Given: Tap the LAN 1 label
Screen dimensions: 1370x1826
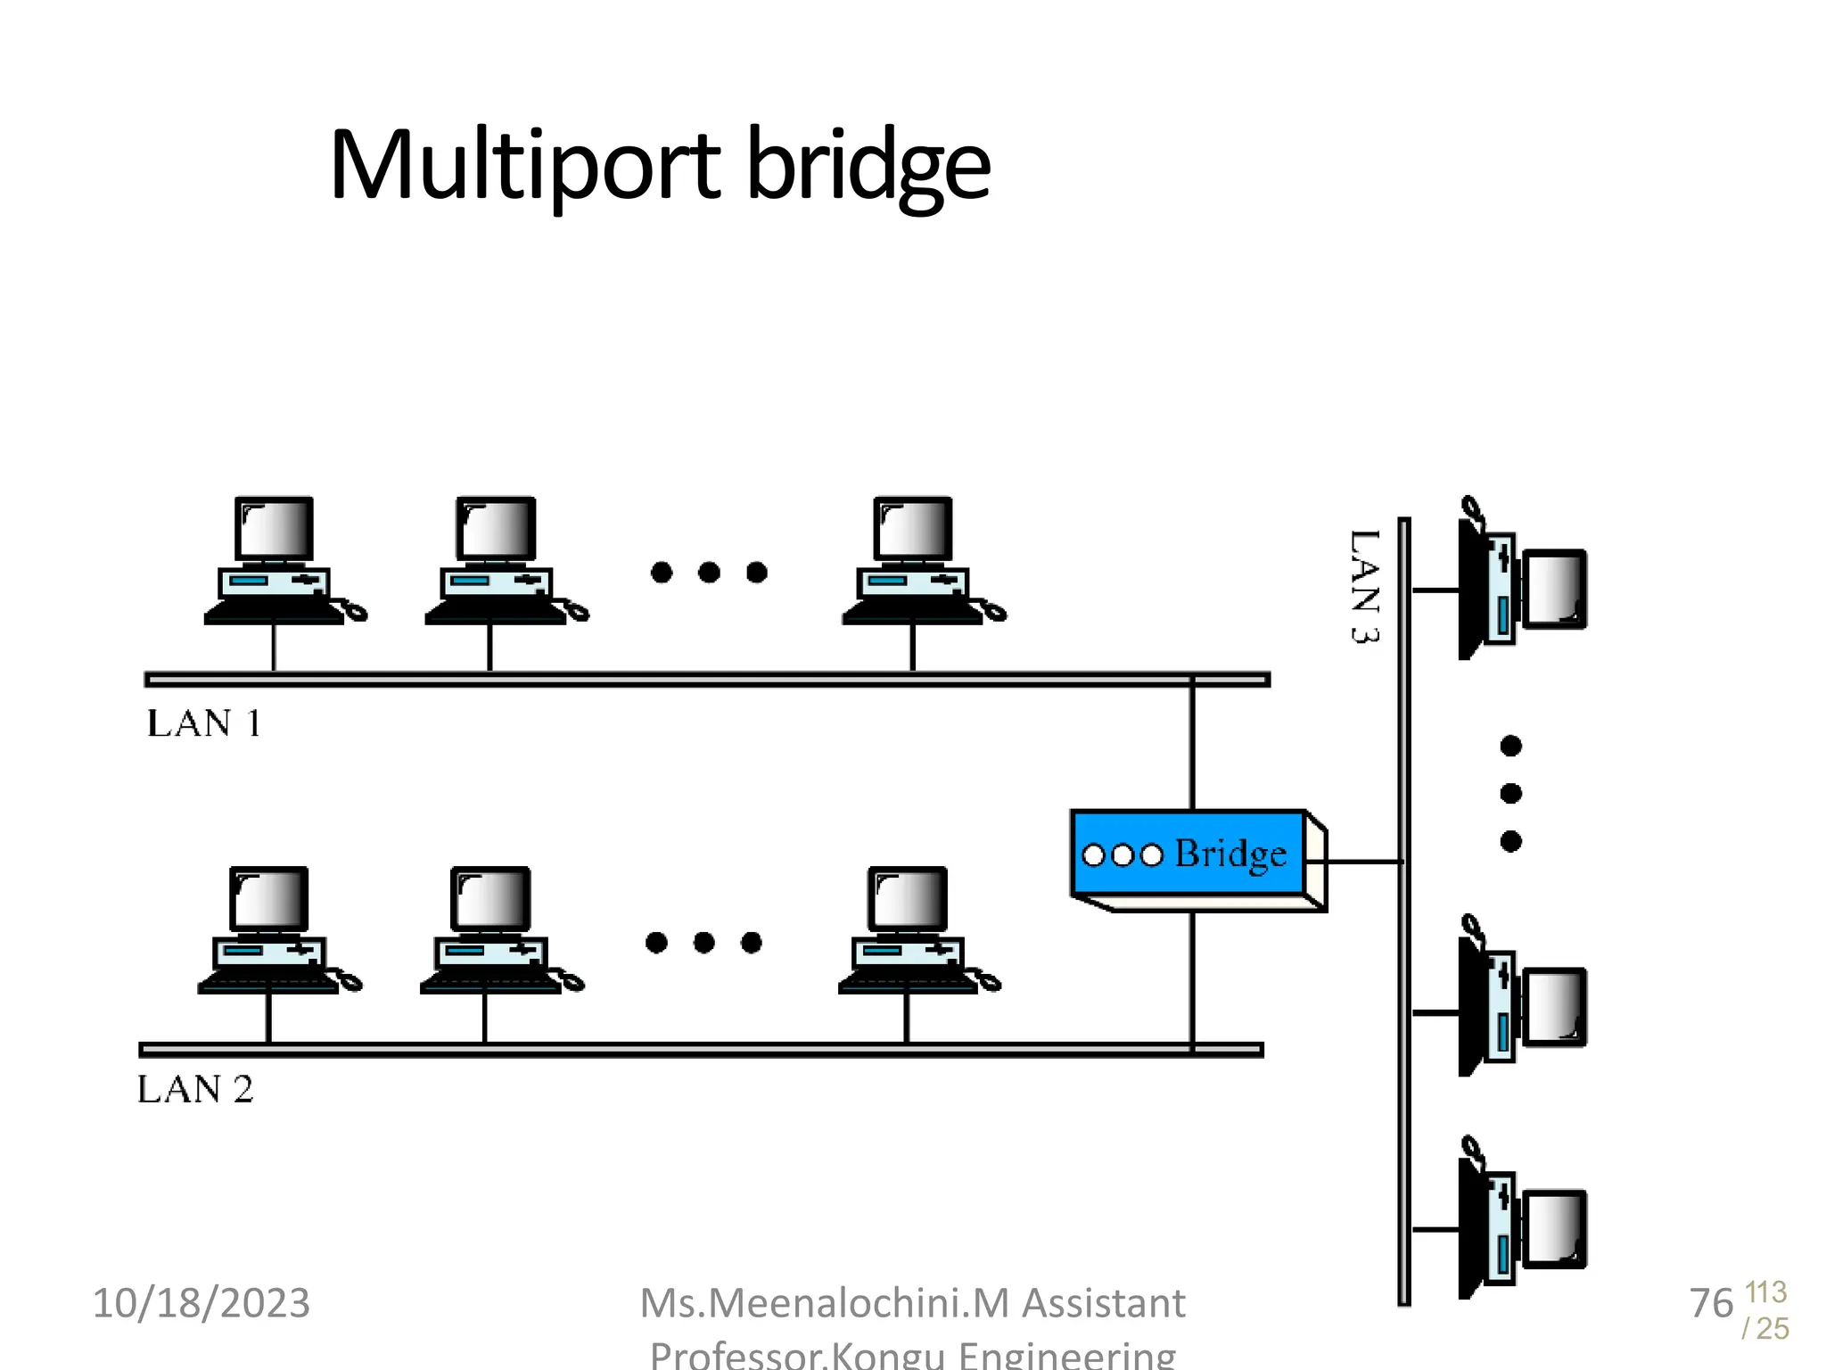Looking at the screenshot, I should tap(203, 723).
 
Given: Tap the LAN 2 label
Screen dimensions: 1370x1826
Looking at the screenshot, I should tap(195, 1089).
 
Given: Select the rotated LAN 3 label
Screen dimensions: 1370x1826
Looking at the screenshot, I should tap(1364, 586).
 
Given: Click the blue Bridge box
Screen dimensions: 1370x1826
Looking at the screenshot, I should tap(1195, 854).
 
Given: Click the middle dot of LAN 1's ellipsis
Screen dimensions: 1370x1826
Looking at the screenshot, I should tap(709, 572).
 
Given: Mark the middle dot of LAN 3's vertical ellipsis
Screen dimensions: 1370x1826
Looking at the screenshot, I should tap(1510, 793).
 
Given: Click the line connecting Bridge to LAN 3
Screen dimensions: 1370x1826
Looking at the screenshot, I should tap(1364, 862).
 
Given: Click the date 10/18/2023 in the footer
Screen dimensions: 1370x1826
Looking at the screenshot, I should tap(202, 1303).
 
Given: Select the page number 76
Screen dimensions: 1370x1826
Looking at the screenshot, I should tap(1711, 1303).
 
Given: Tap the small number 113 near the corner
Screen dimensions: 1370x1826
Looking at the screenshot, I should tap(1765, 1292).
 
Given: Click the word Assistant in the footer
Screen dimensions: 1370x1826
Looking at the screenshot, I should tap(1103, 1303).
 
